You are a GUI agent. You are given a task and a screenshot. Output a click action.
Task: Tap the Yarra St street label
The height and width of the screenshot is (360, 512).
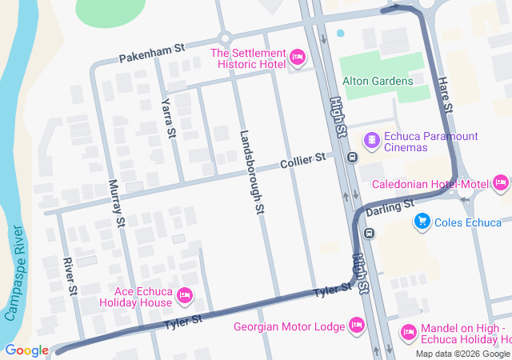tap(168, 118)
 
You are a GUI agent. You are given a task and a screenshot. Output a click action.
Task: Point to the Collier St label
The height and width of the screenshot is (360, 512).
tap(303, 161)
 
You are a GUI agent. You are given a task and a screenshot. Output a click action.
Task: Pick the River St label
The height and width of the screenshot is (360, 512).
tap(71, 275)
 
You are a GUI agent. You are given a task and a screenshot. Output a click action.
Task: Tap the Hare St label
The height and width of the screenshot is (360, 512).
tap(446, 95)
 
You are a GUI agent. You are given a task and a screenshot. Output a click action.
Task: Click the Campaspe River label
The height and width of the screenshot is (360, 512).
tap(15, 273)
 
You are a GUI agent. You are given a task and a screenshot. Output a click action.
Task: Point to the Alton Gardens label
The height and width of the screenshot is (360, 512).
tap(378, 81)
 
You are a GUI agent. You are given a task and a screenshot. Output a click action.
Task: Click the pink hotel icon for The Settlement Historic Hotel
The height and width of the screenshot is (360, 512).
tap(297, 56)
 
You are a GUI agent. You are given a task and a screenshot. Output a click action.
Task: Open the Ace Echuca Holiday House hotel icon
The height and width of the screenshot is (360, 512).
tap(185, 296)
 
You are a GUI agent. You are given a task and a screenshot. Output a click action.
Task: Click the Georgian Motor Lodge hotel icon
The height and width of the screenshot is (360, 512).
tap(357, 326)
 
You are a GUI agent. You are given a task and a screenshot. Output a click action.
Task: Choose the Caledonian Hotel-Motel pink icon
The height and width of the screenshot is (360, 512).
tap(501, 184)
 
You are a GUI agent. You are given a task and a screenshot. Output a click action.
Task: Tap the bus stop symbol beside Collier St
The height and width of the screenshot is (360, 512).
tap(351, 157)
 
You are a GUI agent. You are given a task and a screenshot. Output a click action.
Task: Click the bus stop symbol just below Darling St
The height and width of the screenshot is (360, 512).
tap(369, 234)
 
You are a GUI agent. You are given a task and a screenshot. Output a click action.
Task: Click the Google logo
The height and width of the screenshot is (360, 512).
tap(26, 350)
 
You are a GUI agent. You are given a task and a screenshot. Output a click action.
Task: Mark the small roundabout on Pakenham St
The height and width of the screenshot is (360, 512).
tap(225, 38)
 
